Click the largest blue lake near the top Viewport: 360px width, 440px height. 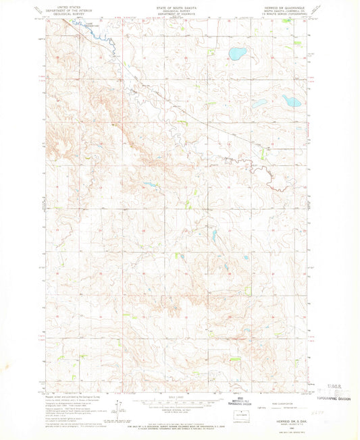coord(238,52)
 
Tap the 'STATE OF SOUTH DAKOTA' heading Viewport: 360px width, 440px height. coord(179,5)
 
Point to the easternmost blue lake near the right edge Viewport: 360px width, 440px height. coord(292,101)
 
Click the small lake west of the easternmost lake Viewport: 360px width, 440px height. coord(260,103)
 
